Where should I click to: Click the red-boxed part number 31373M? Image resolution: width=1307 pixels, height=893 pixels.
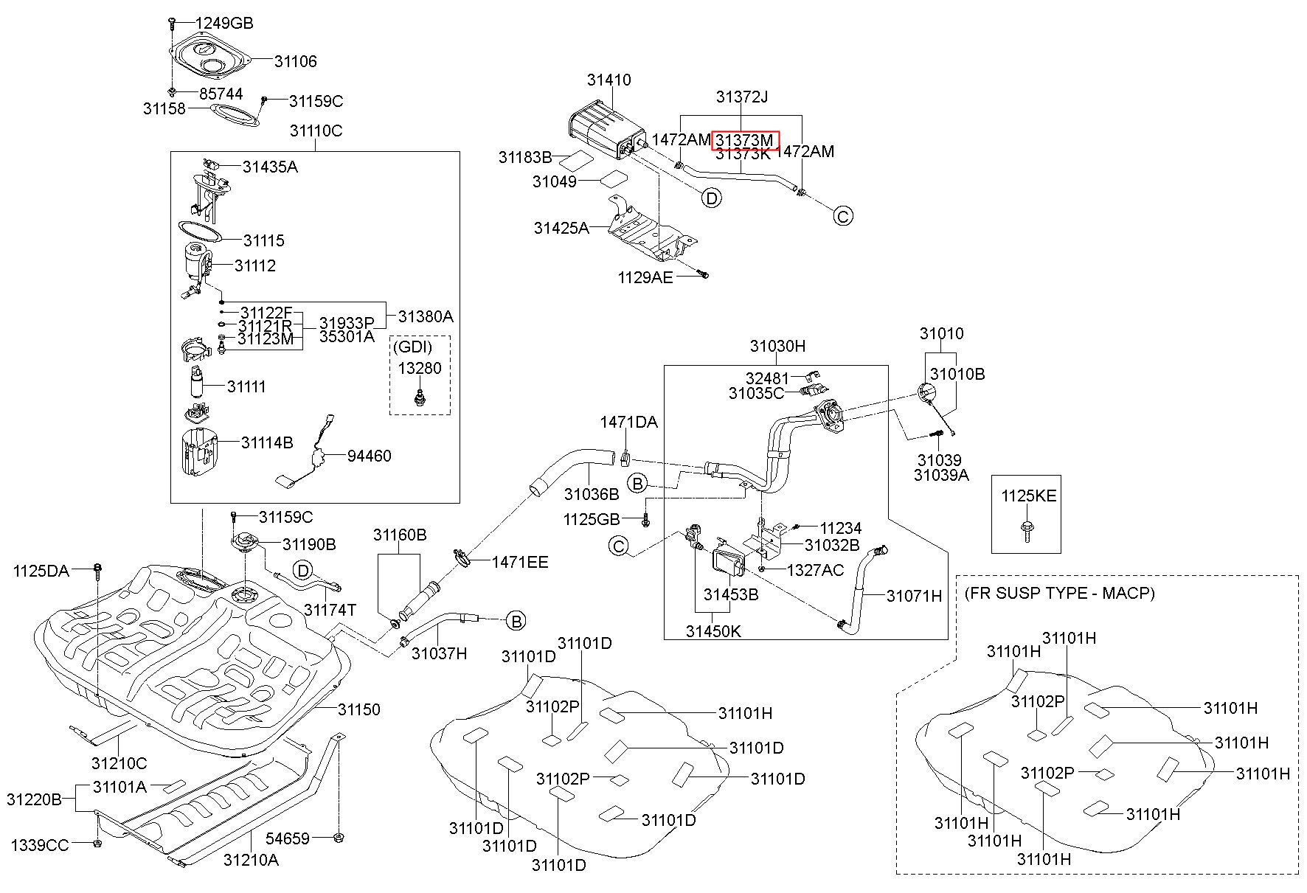[745, 139]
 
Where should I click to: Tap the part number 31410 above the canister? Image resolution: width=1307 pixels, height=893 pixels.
[609, 80]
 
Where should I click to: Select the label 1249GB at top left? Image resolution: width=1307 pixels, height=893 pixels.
[224, 23]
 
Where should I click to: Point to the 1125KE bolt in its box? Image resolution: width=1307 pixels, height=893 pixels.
[1026, 530]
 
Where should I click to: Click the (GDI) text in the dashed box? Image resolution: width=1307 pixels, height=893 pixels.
[412, 346]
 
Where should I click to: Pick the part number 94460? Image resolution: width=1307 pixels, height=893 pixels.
[370, 456]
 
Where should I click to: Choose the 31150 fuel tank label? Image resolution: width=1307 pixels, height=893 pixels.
[359, 709]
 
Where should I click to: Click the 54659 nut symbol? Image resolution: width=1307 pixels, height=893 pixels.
[340, 838]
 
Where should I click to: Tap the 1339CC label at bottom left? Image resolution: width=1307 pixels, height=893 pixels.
[40, 844]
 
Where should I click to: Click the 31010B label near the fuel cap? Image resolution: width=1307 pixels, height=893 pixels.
[957, 373]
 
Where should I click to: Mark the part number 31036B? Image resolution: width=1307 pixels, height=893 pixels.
[592, 493]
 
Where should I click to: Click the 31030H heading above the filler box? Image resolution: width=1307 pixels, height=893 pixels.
[778, 346]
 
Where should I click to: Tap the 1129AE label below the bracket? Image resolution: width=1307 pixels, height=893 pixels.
[645, 277]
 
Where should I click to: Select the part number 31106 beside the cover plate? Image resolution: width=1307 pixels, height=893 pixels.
[296, 61]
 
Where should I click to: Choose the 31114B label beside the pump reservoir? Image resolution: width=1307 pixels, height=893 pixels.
[267, 442]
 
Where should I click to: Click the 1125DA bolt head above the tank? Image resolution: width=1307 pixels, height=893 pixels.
[97, 568]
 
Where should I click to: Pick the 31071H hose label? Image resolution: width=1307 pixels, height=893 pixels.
[915, 596]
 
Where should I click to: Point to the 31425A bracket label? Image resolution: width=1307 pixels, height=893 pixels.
[562, 228]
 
